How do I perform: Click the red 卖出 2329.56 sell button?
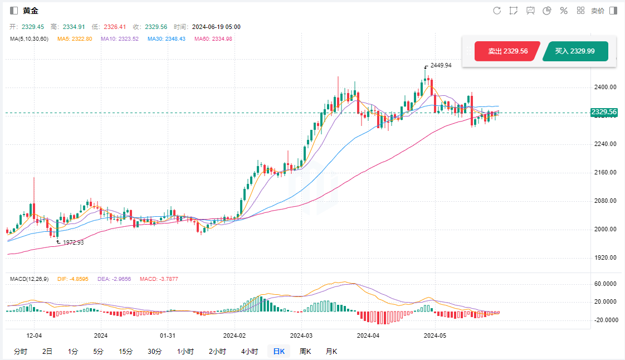(507, 51)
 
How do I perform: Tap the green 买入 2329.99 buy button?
(574, 51)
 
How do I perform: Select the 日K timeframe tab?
(279, 351)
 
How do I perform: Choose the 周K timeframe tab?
(305, 351)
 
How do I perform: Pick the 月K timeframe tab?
(331, 351)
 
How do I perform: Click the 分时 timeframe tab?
(20, 351)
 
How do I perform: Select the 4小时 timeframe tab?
(250, 351)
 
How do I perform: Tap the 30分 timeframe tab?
(154, 351)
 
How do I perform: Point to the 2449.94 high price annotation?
(441, 65)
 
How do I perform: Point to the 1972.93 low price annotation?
(73, 242)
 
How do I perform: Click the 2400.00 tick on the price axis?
(605, 87)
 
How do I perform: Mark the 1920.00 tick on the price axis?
(605, 258)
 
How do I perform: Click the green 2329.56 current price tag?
(604, 112)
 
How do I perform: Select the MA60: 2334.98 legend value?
(213, 38)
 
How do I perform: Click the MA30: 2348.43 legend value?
(167, 38)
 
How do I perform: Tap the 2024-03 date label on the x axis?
(301, 335)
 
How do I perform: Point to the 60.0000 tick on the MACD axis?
(605, 284)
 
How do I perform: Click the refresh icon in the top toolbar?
(497, 11)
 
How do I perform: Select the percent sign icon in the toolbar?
(564, 11)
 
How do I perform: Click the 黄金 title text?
(31, 11)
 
